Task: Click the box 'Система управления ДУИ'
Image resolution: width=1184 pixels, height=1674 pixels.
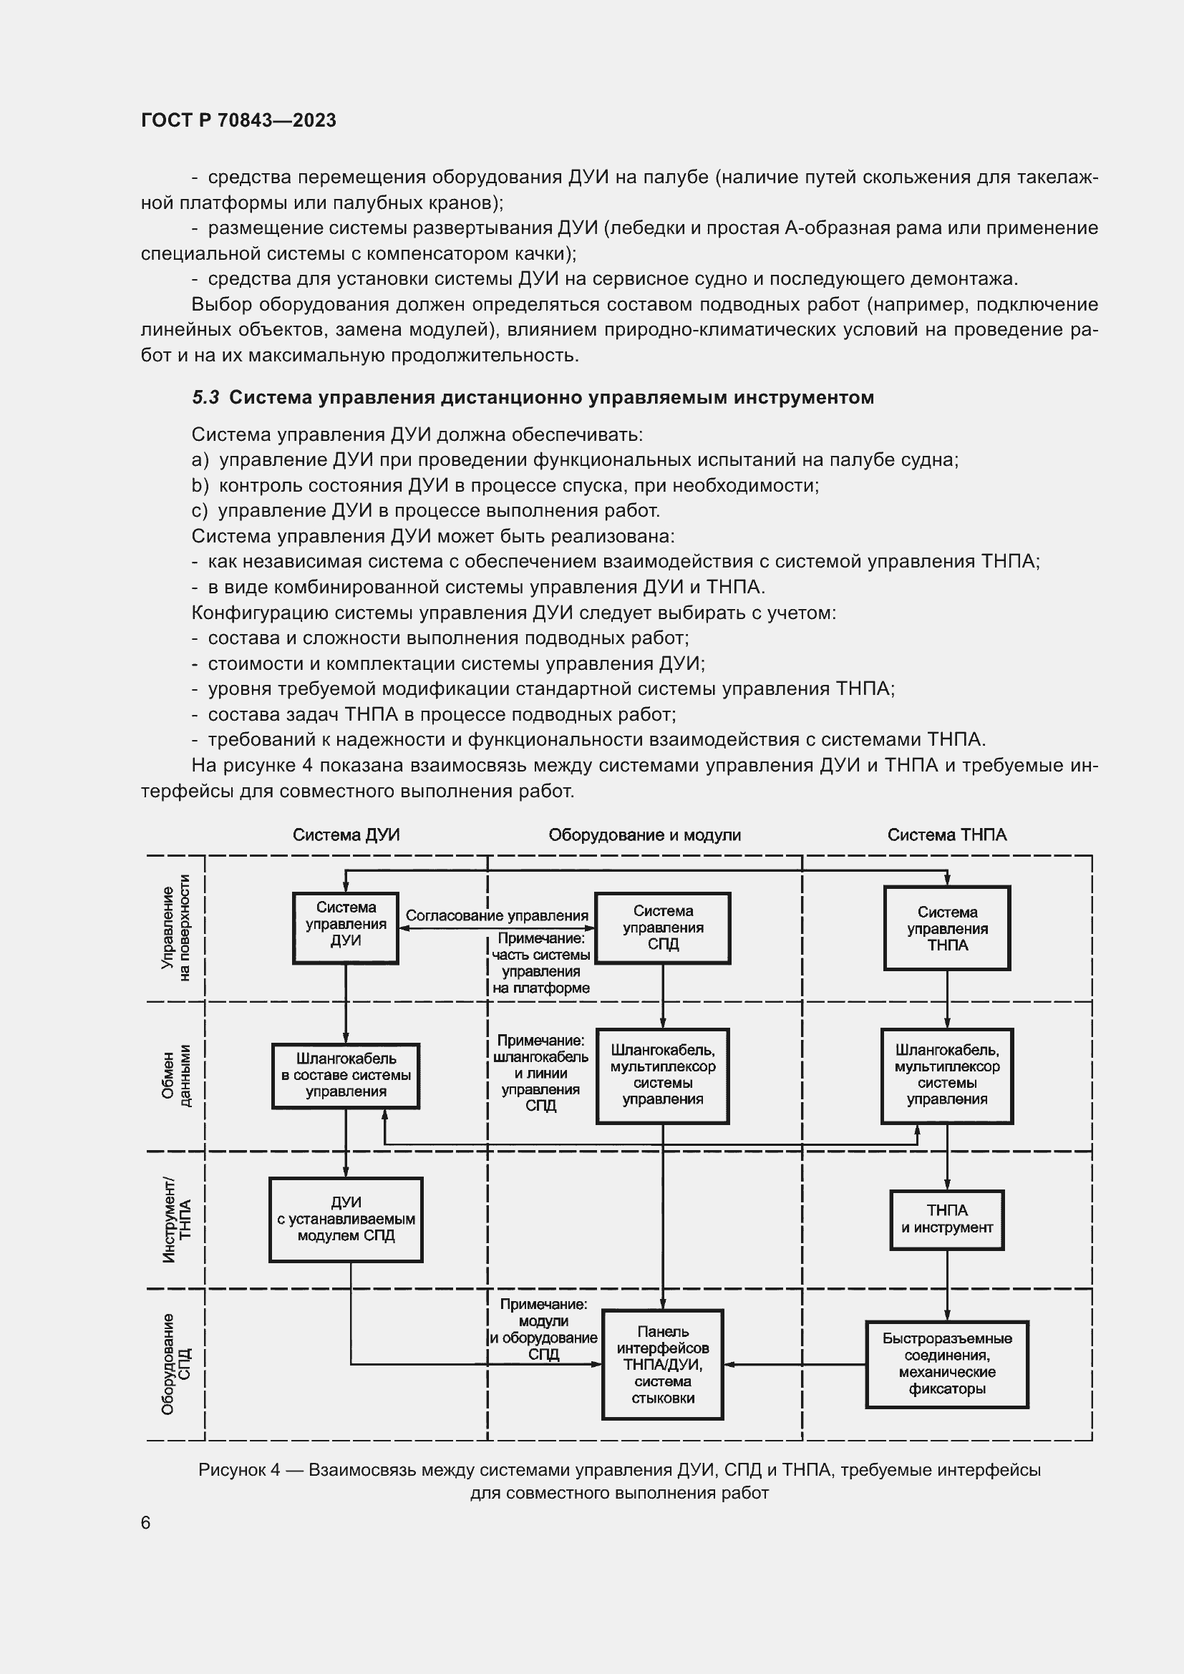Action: [346, 928]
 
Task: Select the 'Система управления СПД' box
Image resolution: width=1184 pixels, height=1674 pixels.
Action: [663, 928]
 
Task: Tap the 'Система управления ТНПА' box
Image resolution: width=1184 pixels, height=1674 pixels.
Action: [947, 928]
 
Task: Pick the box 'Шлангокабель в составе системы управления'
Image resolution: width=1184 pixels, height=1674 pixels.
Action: [346, 1076]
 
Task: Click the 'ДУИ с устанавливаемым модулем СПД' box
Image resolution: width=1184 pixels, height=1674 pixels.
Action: [346, 1219]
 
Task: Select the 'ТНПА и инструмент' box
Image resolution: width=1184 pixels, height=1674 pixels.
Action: [946, 1220]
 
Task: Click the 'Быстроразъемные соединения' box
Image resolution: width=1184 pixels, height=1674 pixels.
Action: [947, 1364]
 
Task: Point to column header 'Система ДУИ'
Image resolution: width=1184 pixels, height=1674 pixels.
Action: [346, 834]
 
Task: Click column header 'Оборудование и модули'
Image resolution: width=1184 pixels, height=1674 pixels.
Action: [644, 834]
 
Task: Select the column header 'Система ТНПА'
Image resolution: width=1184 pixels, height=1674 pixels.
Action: [946, 834]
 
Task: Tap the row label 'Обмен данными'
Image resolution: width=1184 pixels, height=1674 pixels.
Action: [175, 1076]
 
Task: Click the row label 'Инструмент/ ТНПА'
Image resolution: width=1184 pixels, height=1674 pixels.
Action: [175, 1219]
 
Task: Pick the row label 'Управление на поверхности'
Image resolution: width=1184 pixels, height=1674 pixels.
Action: [175, 928]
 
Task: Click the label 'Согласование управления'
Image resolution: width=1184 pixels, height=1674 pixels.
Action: [497, 916]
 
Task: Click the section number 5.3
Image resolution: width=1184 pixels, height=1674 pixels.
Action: [205, 397]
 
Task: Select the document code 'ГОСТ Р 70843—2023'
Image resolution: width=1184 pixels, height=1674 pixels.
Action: [238, 120]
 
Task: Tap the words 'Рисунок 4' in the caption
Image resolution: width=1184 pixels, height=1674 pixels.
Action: [239, 1470]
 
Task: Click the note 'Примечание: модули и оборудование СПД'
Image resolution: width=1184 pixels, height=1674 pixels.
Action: [543, 1329]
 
